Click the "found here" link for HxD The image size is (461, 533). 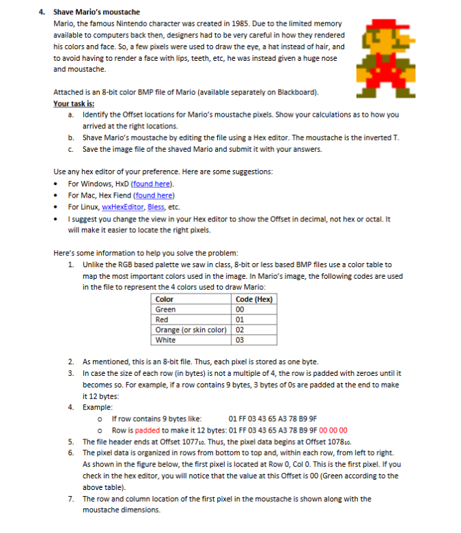pos(153,184)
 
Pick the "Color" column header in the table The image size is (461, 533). pos(165,299)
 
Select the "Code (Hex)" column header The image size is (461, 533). pos(254,299)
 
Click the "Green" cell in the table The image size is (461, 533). pos(166,310)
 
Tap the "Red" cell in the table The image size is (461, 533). pos(162,320)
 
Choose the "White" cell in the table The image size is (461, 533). pos(165,340)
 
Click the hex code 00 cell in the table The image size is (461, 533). pos(239,310)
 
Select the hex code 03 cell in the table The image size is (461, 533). pos(239,340)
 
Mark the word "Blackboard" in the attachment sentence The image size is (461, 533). pos(296,92)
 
